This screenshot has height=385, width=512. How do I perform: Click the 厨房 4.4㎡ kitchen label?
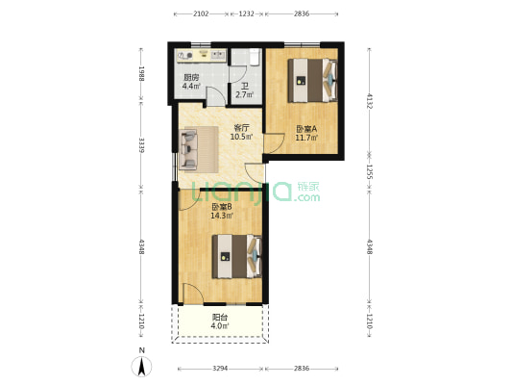coord(192,83)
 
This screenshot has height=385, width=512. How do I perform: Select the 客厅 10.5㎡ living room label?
coord(241,132)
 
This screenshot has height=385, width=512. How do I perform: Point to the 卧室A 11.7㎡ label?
coord(305,135)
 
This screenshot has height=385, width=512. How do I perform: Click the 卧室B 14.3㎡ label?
coord(222,212)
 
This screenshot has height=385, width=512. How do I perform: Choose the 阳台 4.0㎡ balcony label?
coord(220,322)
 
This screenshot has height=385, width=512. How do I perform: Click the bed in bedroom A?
coord(314,79)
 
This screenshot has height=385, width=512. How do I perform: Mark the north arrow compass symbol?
coord(142,366)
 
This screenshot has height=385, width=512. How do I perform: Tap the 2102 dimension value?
coord(202,14)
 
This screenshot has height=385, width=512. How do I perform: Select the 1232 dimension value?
coord(247,14)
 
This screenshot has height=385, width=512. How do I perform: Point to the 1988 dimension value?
coord(140,73)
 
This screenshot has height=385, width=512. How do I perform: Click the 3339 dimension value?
coord(140,145)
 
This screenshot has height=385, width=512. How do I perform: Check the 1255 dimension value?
coord(369,173)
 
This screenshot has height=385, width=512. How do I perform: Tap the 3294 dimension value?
coord(220,369)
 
